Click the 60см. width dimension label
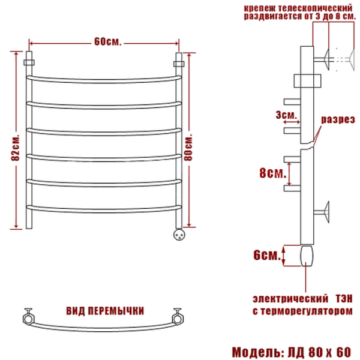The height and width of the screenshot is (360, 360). pyautogui.click(x=107, y=41)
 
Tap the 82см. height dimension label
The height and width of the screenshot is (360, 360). pyautogui.click(x=16, y=148)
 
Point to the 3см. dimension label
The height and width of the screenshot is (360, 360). pyautogui.click(x=286, y=115)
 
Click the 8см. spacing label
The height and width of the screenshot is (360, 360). pyautogui.click(x=273, y=173)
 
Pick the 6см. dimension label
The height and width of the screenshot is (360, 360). pyautogui.click(x=267, y=255)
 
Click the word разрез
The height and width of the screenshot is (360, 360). pyautogui.click(x=338, y=120)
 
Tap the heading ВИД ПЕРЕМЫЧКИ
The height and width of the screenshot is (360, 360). pyautogui.click(x=105, y=311)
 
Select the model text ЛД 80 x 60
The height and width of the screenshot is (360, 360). pyautogui.click(x=319, y=352)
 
